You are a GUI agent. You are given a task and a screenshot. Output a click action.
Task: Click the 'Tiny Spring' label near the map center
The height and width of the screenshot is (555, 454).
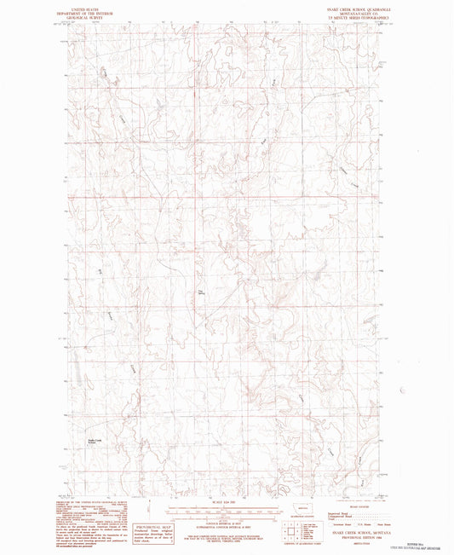[x=202, y=295]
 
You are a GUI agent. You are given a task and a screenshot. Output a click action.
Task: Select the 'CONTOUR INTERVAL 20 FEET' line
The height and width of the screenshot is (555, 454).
[x=225, y=517]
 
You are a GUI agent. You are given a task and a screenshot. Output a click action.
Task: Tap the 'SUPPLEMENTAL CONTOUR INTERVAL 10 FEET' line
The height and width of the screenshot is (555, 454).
[x=225, y=521]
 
